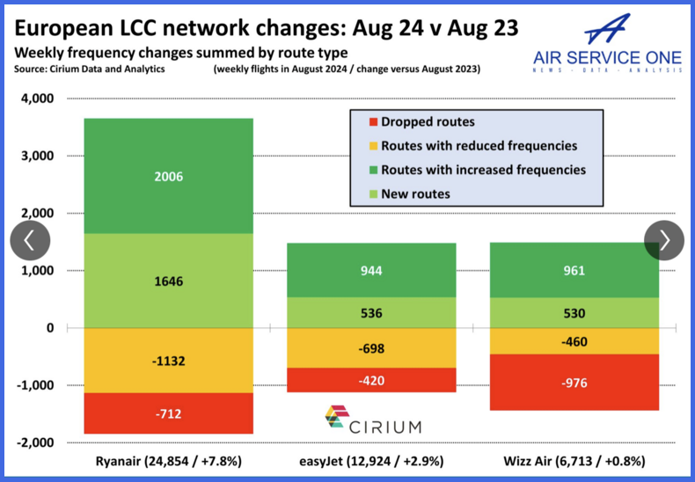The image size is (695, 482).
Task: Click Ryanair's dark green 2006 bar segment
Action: pyautogui.click(x=168, y=176)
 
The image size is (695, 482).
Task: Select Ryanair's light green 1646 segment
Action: pyautogui.click(x=168, y=281)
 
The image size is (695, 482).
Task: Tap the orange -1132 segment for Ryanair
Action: pyautogui.click(x=168, y=361)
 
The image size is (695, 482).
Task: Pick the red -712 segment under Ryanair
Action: pyautogui.click(x=168, y=413)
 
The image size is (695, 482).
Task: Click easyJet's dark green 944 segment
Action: pyautogui.click(x=371, y=270)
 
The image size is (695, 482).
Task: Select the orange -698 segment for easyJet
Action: pyautogui.click(x=371, y=348)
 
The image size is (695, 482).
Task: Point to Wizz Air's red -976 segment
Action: pyautogui.click(x=574, y=383)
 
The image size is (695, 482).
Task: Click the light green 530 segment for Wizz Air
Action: pyautogui.click(x=574, y=313)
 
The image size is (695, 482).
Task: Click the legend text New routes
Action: pyautogui.click(x=415, y=194)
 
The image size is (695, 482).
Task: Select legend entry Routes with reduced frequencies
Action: pyautogui.click(x=479, y=146)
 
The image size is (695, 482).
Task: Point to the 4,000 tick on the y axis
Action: pyautogui.click(x=35, y=99)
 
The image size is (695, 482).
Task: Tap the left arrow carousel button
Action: pyautogui.click(x=30, y=240)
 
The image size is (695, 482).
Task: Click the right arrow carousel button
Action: pyautogui.click(x=664, y=240)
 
